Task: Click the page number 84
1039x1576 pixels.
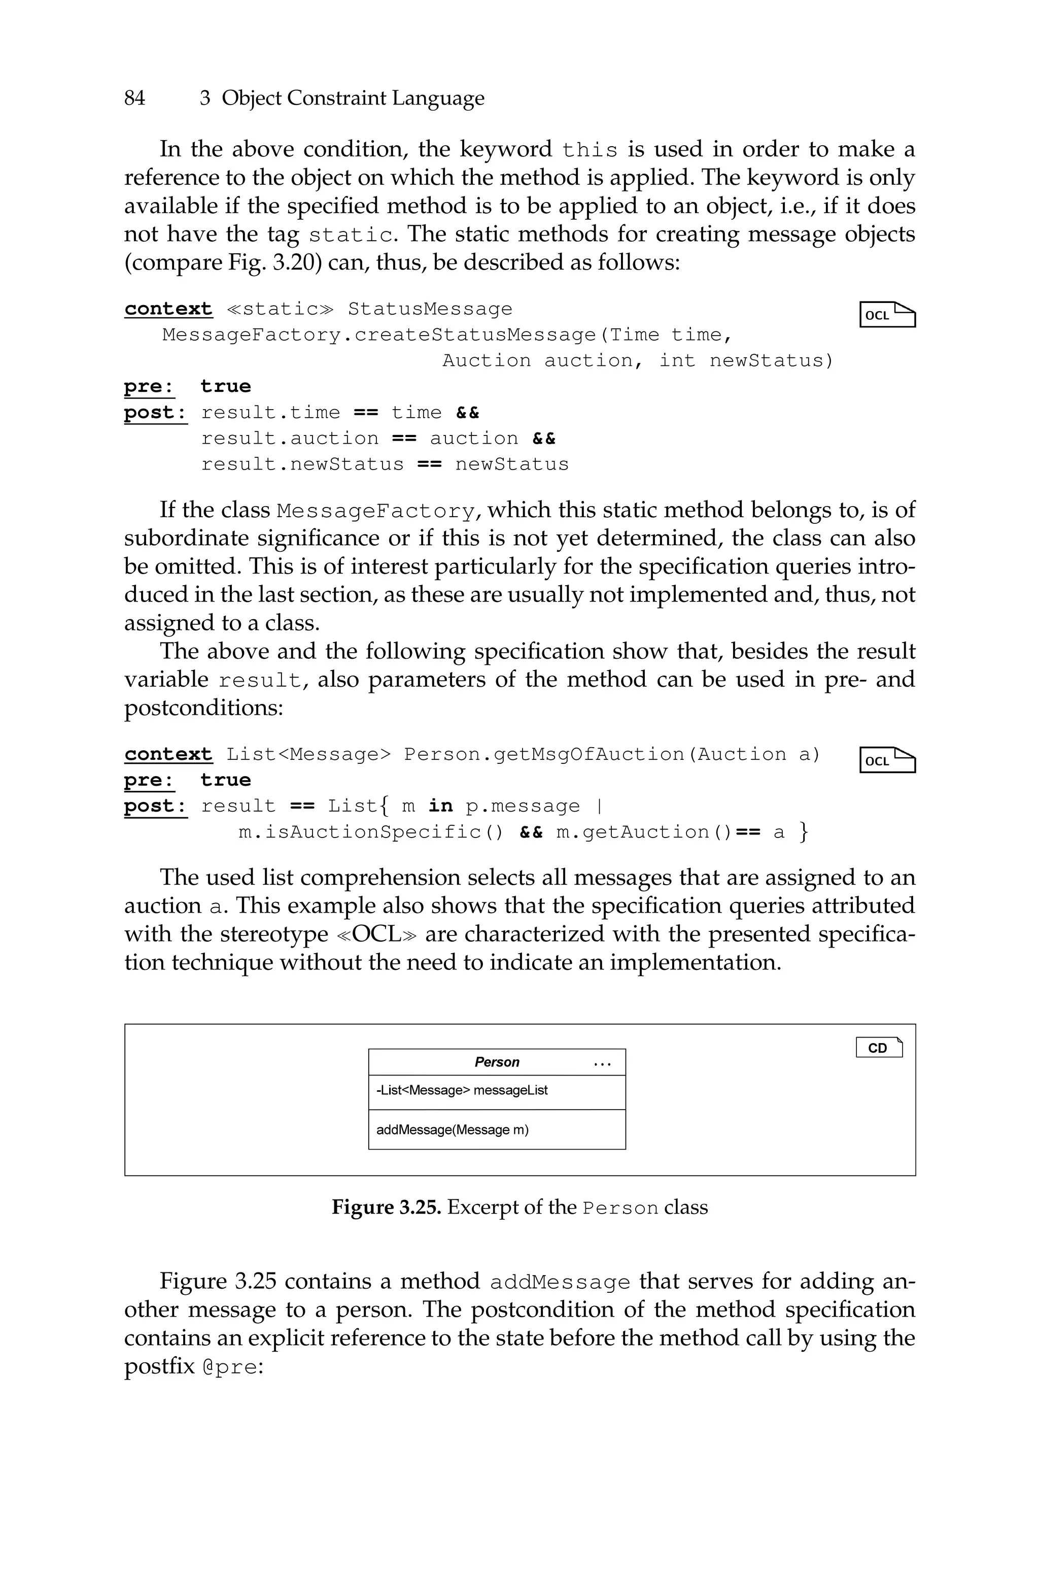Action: (134, 98)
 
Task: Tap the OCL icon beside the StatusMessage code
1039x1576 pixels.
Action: (887, 315)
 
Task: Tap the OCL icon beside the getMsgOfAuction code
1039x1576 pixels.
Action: (887, 760)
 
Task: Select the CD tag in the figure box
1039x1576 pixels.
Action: (879, 1048)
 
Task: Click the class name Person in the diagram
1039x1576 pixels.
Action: (497, 1062)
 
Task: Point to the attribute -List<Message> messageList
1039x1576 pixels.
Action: (462, 1090)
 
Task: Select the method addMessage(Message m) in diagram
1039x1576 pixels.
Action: (453, 1129)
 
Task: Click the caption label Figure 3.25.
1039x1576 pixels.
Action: (386, 1207)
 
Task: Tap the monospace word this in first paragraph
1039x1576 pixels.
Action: (590, 150)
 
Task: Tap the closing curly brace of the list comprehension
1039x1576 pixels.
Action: (804, 832)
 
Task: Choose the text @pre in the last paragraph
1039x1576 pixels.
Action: (229, 1367)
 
